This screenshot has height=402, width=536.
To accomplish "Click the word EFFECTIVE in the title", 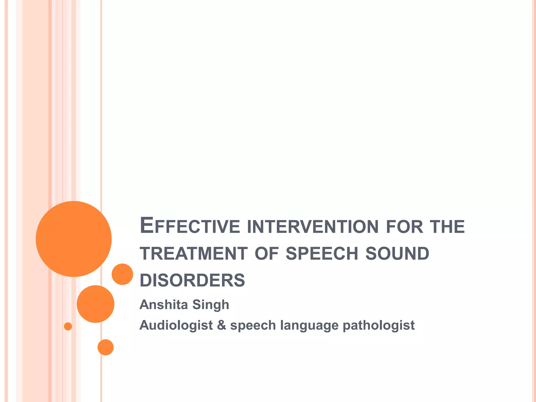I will [x=190, y=226].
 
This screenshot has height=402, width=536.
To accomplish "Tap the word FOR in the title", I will [x=404, y=227].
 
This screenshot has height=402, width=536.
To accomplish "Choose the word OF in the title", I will [x=266, y=254].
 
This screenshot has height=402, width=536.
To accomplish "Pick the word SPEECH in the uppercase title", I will [x=322, y=254].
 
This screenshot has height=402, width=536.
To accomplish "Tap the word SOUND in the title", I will [x=397, y=254].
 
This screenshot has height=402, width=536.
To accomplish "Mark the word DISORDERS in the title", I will [x=192, y=280].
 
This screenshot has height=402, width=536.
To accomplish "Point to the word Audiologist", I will [x=176, y=326].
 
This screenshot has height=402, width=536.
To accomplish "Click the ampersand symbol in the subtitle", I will [x=221, y=325].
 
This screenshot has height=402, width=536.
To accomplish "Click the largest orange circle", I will [x=74, y=239].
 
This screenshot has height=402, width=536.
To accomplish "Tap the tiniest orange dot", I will [x=68, y=326].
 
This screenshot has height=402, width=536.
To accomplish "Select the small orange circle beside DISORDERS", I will [x=122, y=274].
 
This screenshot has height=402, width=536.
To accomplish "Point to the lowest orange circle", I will [x=105, y=347].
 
